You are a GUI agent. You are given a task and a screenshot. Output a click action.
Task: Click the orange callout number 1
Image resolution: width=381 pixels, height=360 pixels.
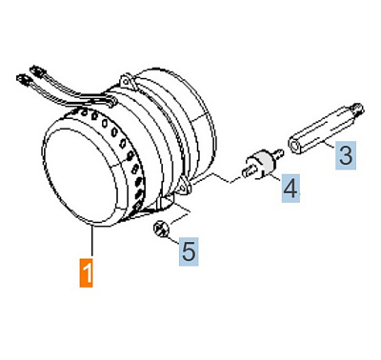86,272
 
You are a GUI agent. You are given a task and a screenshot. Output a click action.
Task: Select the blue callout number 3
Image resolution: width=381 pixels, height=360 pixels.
346,155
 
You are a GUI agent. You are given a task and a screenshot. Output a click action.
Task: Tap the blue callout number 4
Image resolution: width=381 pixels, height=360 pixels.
291,188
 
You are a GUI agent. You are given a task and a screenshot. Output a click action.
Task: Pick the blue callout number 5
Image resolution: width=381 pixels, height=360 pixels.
189,251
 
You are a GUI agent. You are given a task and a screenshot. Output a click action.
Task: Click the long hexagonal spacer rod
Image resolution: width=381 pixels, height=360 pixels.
325,130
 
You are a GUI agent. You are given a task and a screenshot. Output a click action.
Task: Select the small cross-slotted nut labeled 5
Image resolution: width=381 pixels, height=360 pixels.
162,229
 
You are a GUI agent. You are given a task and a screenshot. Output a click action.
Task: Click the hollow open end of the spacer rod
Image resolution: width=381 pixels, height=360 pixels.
295,147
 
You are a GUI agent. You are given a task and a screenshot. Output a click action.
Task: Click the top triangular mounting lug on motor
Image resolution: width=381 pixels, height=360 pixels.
126,81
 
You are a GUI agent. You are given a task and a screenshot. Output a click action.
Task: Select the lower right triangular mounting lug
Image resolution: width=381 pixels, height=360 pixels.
184,188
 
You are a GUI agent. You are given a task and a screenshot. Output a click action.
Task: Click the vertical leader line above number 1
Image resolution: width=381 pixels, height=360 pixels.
92,241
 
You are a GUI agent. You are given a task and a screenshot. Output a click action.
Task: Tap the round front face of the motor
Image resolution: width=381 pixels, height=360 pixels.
79,174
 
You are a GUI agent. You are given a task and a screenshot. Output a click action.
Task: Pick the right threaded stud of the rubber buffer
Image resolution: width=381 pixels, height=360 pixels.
278,153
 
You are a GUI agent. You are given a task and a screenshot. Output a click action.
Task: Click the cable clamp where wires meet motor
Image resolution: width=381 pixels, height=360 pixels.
105,101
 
